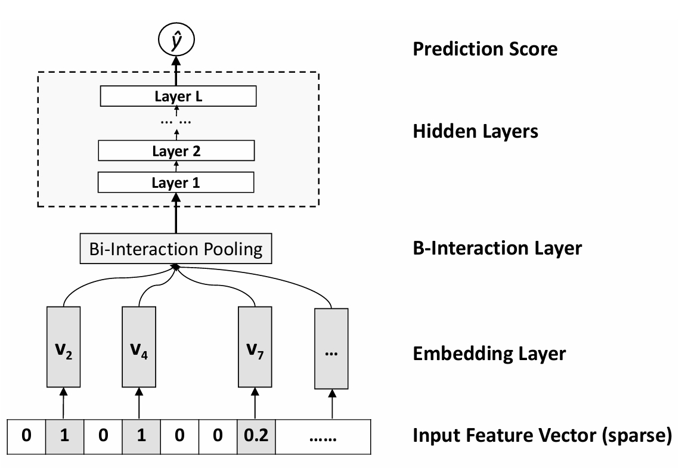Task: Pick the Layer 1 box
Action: tap(176, 182)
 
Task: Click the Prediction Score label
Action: tap(485, 48)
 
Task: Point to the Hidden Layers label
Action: tap(475, 131)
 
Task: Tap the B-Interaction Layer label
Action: tap(497, 247)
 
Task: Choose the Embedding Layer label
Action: tap(489, 354)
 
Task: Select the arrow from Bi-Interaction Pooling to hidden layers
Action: tap(176, 220)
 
